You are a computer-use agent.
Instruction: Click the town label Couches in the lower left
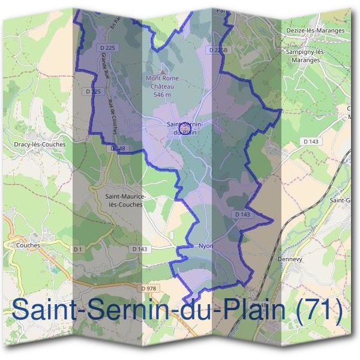tap(28, 245)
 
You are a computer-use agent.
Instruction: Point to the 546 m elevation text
tap(162, 95)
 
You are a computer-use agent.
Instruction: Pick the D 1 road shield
tap(77, 249)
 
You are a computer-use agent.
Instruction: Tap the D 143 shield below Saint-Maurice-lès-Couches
tap(138, 249)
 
